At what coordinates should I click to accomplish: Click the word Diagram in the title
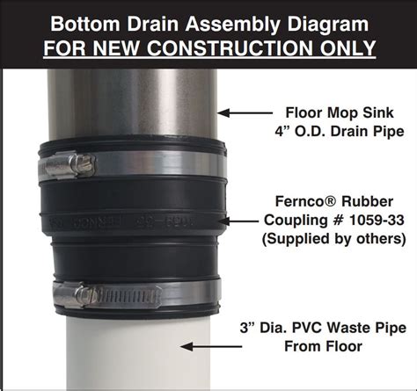(325, 18)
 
